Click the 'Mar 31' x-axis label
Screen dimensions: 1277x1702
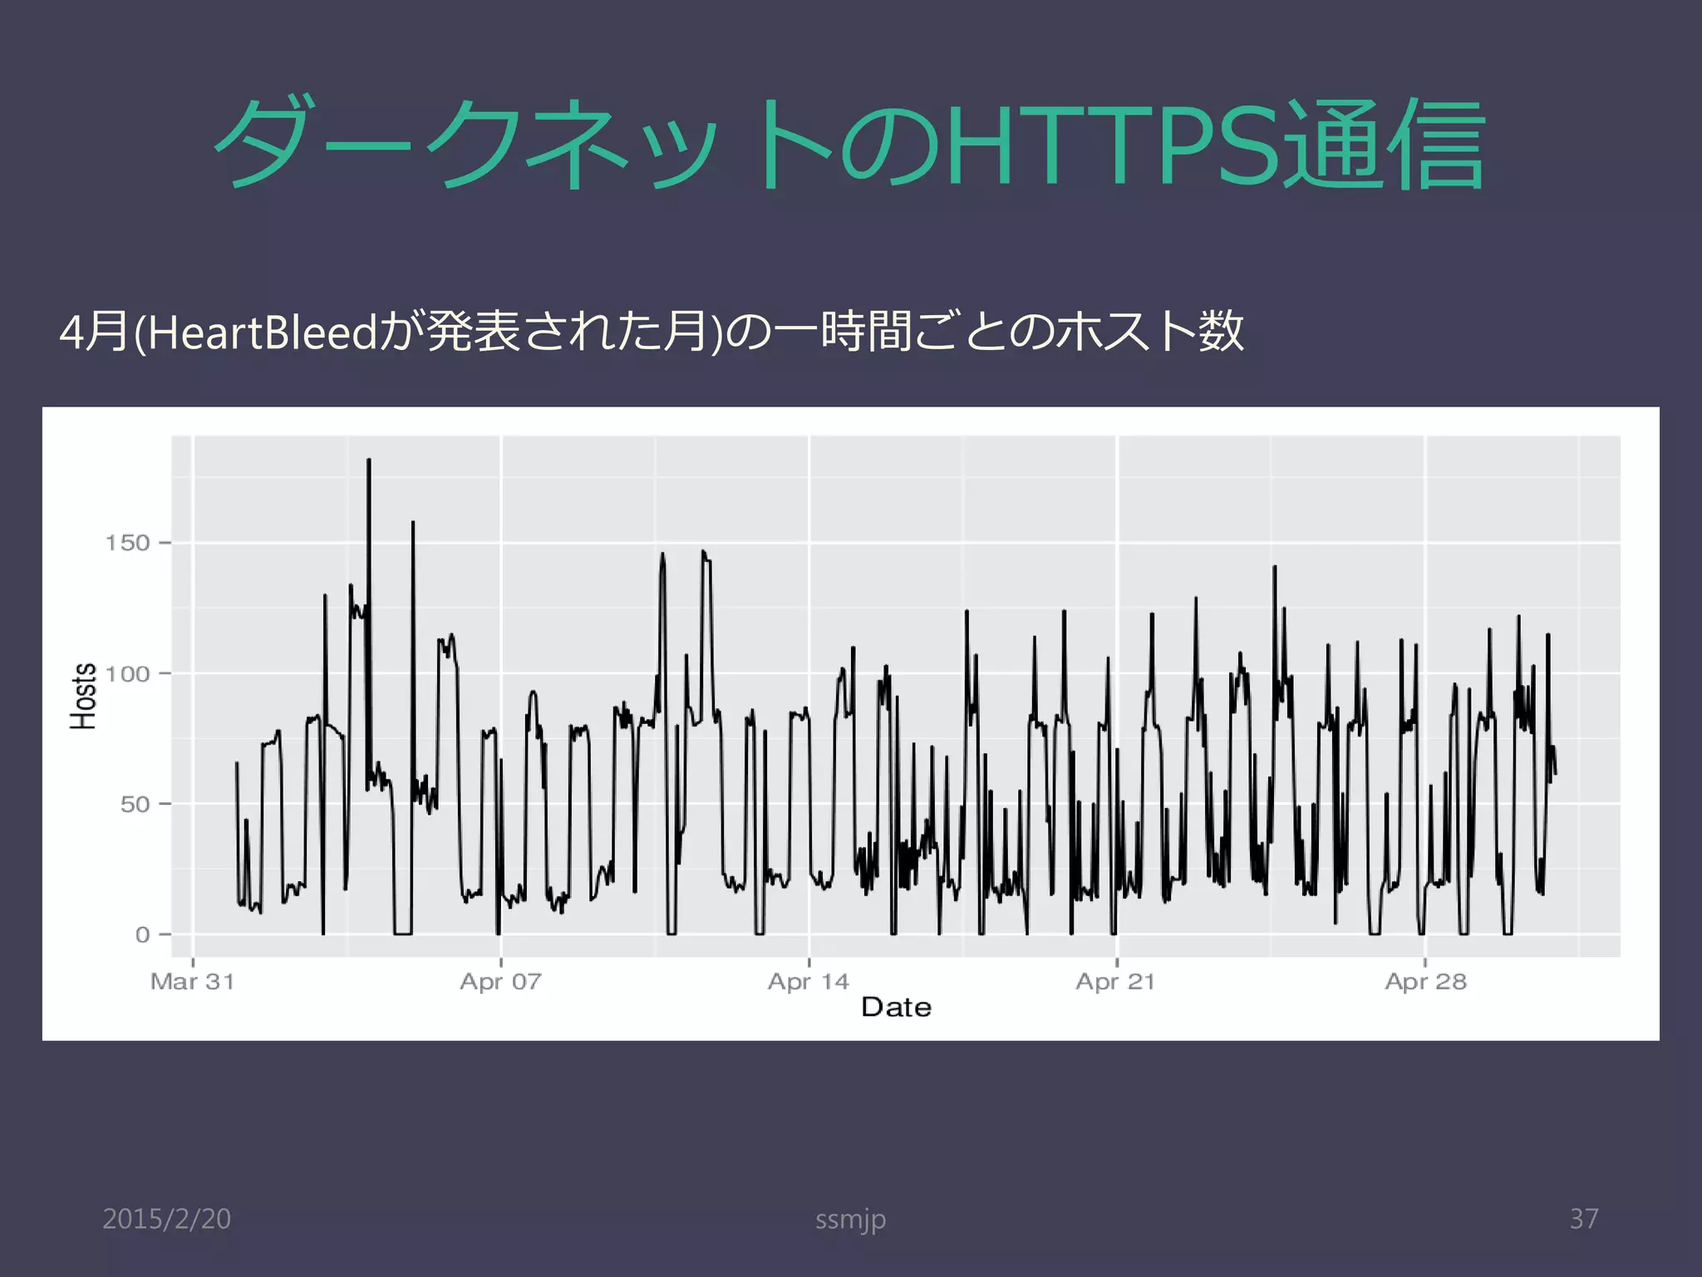point(192,982)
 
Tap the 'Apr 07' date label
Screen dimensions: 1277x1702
point(500,982)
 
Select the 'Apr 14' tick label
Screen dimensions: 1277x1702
point(809,982)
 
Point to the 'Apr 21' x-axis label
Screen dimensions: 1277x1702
point(1115,982)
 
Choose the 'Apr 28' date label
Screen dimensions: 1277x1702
point(1425,982)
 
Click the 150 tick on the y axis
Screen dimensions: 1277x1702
point(127,544)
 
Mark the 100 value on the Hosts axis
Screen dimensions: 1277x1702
point(127,673)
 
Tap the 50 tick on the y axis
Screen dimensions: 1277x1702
point(135,805)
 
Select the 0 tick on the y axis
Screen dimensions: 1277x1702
point(143,935)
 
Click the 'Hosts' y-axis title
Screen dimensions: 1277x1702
point(83,697)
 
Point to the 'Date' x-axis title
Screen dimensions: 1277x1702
point(896,1008)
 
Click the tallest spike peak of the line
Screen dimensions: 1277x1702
point(369,460)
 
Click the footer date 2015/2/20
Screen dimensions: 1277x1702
point(166,1219)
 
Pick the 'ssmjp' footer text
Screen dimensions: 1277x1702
point(850,1220)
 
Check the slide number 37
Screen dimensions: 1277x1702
point(1584,1219)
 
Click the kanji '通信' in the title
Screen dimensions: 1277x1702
point(1383,145)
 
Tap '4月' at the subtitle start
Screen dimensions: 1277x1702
point(94,333)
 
